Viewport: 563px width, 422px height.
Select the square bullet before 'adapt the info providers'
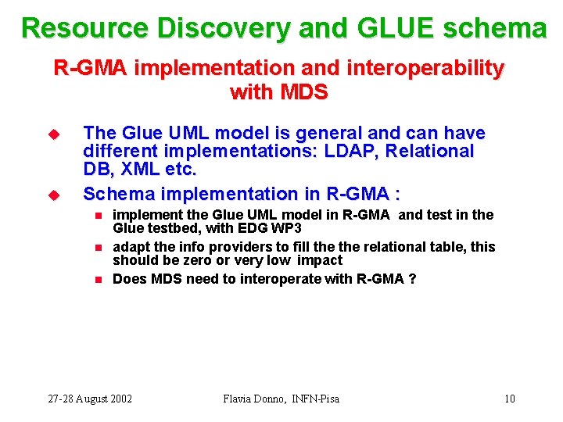coord(98,247)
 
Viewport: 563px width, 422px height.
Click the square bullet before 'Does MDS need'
coord(98,279)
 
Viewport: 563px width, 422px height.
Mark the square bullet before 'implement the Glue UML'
coord(98,215)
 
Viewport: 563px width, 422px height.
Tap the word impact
coord(319,260)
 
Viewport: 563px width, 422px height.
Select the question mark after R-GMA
coord(412,279)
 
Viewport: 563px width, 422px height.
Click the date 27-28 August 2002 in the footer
coord(90,399)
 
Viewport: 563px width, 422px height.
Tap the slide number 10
coord(509,399)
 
